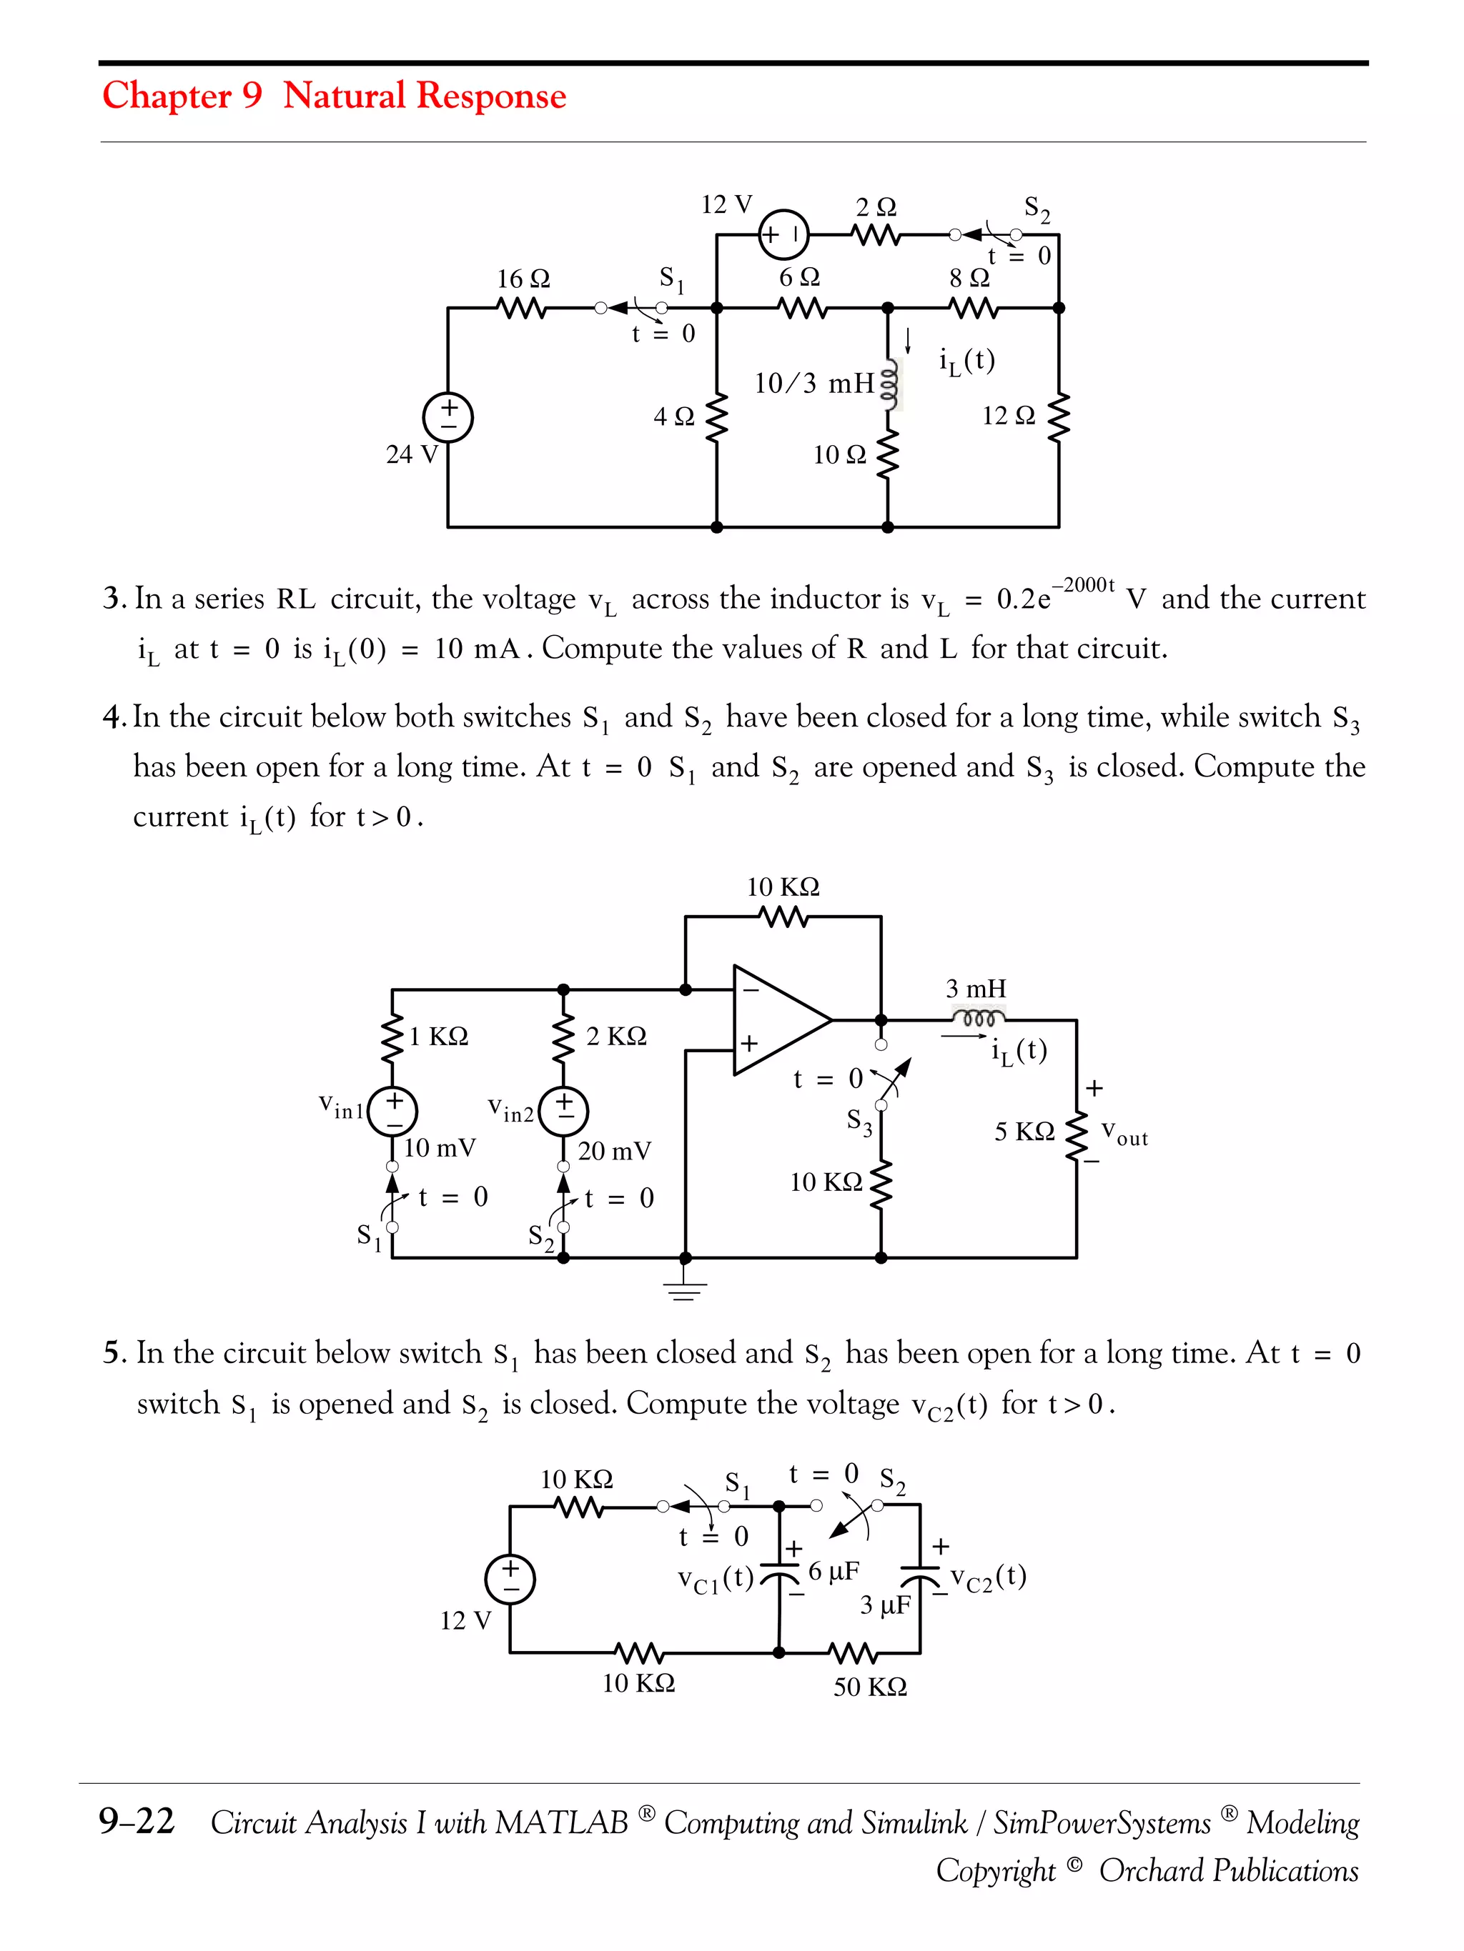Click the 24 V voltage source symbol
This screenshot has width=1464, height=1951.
(448, 417)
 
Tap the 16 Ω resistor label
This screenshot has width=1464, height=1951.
(523, 279)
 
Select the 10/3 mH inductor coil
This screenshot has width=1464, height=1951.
(891, 384)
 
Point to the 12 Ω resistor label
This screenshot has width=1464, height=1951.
(1008, 416)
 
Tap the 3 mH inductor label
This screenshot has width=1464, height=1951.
(975, 989)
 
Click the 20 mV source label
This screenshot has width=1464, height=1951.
(614, 1151)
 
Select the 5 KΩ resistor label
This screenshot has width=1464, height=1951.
(1024, 1132)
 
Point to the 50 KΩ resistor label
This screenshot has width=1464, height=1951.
(869, 1687)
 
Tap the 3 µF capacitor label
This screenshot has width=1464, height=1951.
(884, 1605)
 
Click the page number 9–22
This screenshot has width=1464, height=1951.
(137, 1822)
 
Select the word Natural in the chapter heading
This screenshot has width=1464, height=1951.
(344, 95)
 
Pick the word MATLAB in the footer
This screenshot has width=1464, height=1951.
(561, 1822)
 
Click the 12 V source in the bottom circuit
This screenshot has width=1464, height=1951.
(510, 1578)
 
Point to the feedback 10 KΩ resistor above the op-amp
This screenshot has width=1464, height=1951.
(783, 917)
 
